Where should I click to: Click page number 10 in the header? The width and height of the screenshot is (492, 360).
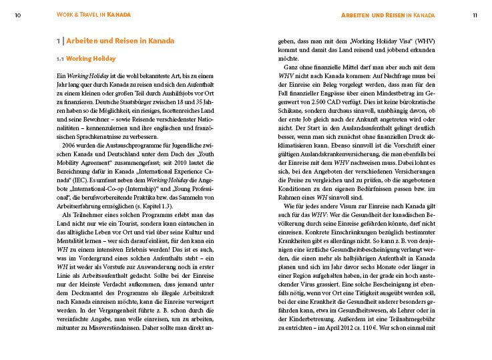pyautogui.click(x=16, y=15)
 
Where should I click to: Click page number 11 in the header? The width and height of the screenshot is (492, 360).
pyautogui.click(x=475, y=15)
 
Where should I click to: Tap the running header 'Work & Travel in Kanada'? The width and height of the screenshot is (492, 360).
pyautogui.click(x=93, y=15)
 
